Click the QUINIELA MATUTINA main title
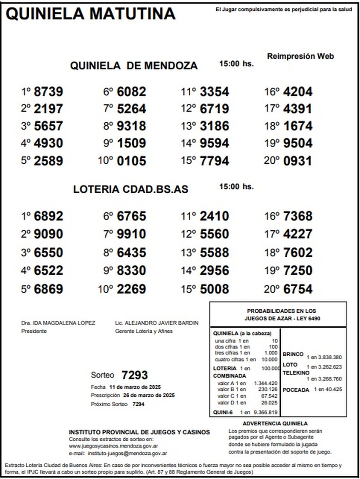tap(90, 14)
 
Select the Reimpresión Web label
tap(300, 56)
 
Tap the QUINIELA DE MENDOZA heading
tap(134, 65)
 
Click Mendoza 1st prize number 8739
tap(48, 92)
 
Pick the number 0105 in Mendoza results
tap(131, 161)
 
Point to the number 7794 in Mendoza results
tap(214, 161)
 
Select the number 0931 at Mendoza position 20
tap(297, 161)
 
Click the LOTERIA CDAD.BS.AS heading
tap(130, 189)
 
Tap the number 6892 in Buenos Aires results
tap(48, 216)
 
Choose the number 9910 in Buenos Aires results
tap(131, 234)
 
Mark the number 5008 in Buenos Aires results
tap(214, 289)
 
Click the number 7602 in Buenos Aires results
tap(297, 252)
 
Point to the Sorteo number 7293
tap(134, 375)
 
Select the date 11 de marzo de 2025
tap(135, 387)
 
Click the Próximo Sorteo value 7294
tap(138, 404)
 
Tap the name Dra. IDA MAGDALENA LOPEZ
tap(58, 323)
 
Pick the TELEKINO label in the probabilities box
tap(296, 373)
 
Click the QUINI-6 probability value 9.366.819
tap(265, 412)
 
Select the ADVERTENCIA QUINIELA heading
tap(275, 424)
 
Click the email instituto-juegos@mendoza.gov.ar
tap(127, 454)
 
